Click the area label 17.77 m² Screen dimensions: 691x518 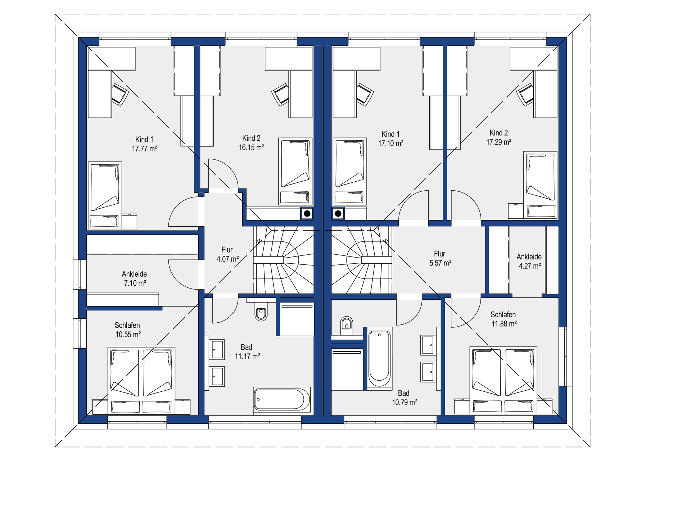click(x=144, y=149)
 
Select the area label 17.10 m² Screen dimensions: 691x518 click(x=390, y=143)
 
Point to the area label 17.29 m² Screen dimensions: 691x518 click(x=499, y=142)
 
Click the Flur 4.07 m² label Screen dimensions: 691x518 click(x=227, y=254)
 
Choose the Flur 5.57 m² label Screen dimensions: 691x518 click(x=440, y=258)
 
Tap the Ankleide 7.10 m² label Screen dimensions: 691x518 click(x=135, y=278)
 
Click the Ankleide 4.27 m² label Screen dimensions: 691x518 click(x=529, y=261)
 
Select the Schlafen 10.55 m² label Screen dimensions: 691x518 click(x=128, y=330)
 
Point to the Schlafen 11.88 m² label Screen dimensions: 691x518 click(x=504, y=319)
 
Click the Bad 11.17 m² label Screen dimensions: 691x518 click(x=247, y=352)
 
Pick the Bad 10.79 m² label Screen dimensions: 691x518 click(x=405, y=398)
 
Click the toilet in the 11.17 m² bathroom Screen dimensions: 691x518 click(x=261, y=312)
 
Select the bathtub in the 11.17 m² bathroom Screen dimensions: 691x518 click(x=282, y=399)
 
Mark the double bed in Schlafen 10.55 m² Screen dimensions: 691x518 click(x=141, y=380)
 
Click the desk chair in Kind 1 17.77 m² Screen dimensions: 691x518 click(x=119, y=94)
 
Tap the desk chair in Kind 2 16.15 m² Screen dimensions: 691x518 click(x=280, y=95)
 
